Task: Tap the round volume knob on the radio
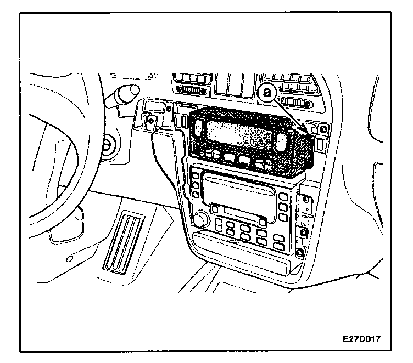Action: click(x=202, y=219)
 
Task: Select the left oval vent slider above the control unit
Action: click(x=192, y=90)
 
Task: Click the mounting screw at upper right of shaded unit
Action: click(x=323, y=130)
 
